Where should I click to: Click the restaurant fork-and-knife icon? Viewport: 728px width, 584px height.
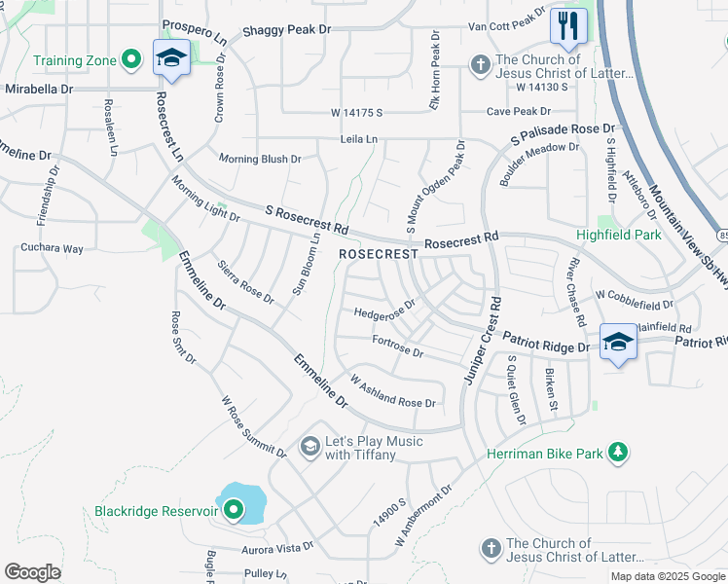pos(567,24)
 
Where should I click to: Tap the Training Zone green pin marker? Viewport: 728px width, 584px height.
pos(131,60)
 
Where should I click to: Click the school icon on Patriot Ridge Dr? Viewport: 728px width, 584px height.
pos(618,341)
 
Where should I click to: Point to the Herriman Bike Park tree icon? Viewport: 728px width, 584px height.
pos(616,453)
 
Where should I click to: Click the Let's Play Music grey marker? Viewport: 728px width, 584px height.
pos(310,447)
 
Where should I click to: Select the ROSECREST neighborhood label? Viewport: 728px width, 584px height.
pos(379,253)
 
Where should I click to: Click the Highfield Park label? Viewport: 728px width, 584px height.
pos(618,235)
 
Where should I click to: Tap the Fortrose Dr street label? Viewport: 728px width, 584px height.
pos(397,345)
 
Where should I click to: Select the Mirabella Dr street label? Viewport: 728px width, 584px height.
pos(38,88)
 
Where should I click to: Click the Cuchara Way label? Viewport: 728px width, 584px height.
pos(52,248)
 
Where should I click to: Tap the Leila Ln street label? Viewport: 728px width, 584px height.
pos(359,139)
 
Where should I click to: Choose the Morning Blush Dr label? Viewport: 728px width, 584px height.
pos(260,159)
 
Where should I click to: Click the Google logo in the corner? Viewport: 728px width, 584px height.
pos(32,571)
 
